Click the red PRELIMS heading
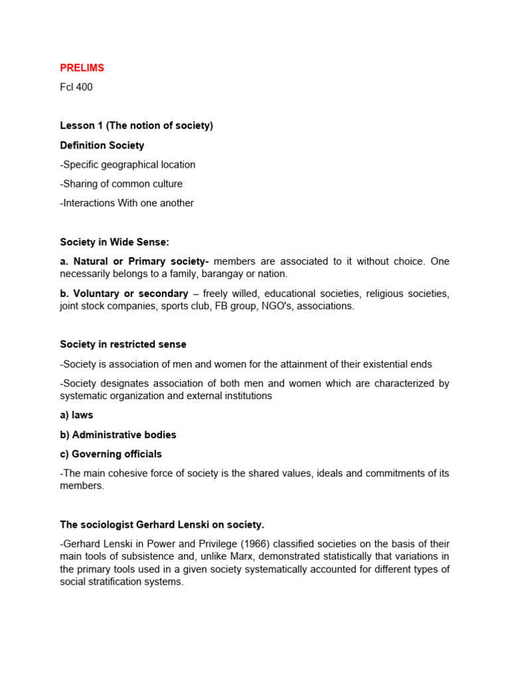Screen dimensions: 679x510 point(82,68)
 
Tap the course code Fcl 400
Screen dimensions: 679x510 point(76,88)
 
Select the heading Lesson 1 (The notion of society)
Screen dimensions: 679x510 point(136,126)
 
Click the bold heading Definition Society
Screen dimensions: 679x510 point(102,145)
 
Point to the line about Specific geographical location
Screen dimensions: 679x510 point(127,164)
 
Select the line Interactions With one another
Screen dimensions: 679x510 point(127,203)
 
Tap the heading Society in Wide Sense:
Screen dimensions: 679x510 point(114,242)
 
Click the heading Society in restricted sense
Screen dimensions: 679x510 point(123,345)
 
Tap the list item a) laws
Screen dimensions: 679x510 point(76,415)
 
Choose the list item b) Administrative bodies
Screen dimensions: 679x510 point(118,435)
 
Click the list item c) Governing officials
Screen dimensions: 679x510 point(111,454)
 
